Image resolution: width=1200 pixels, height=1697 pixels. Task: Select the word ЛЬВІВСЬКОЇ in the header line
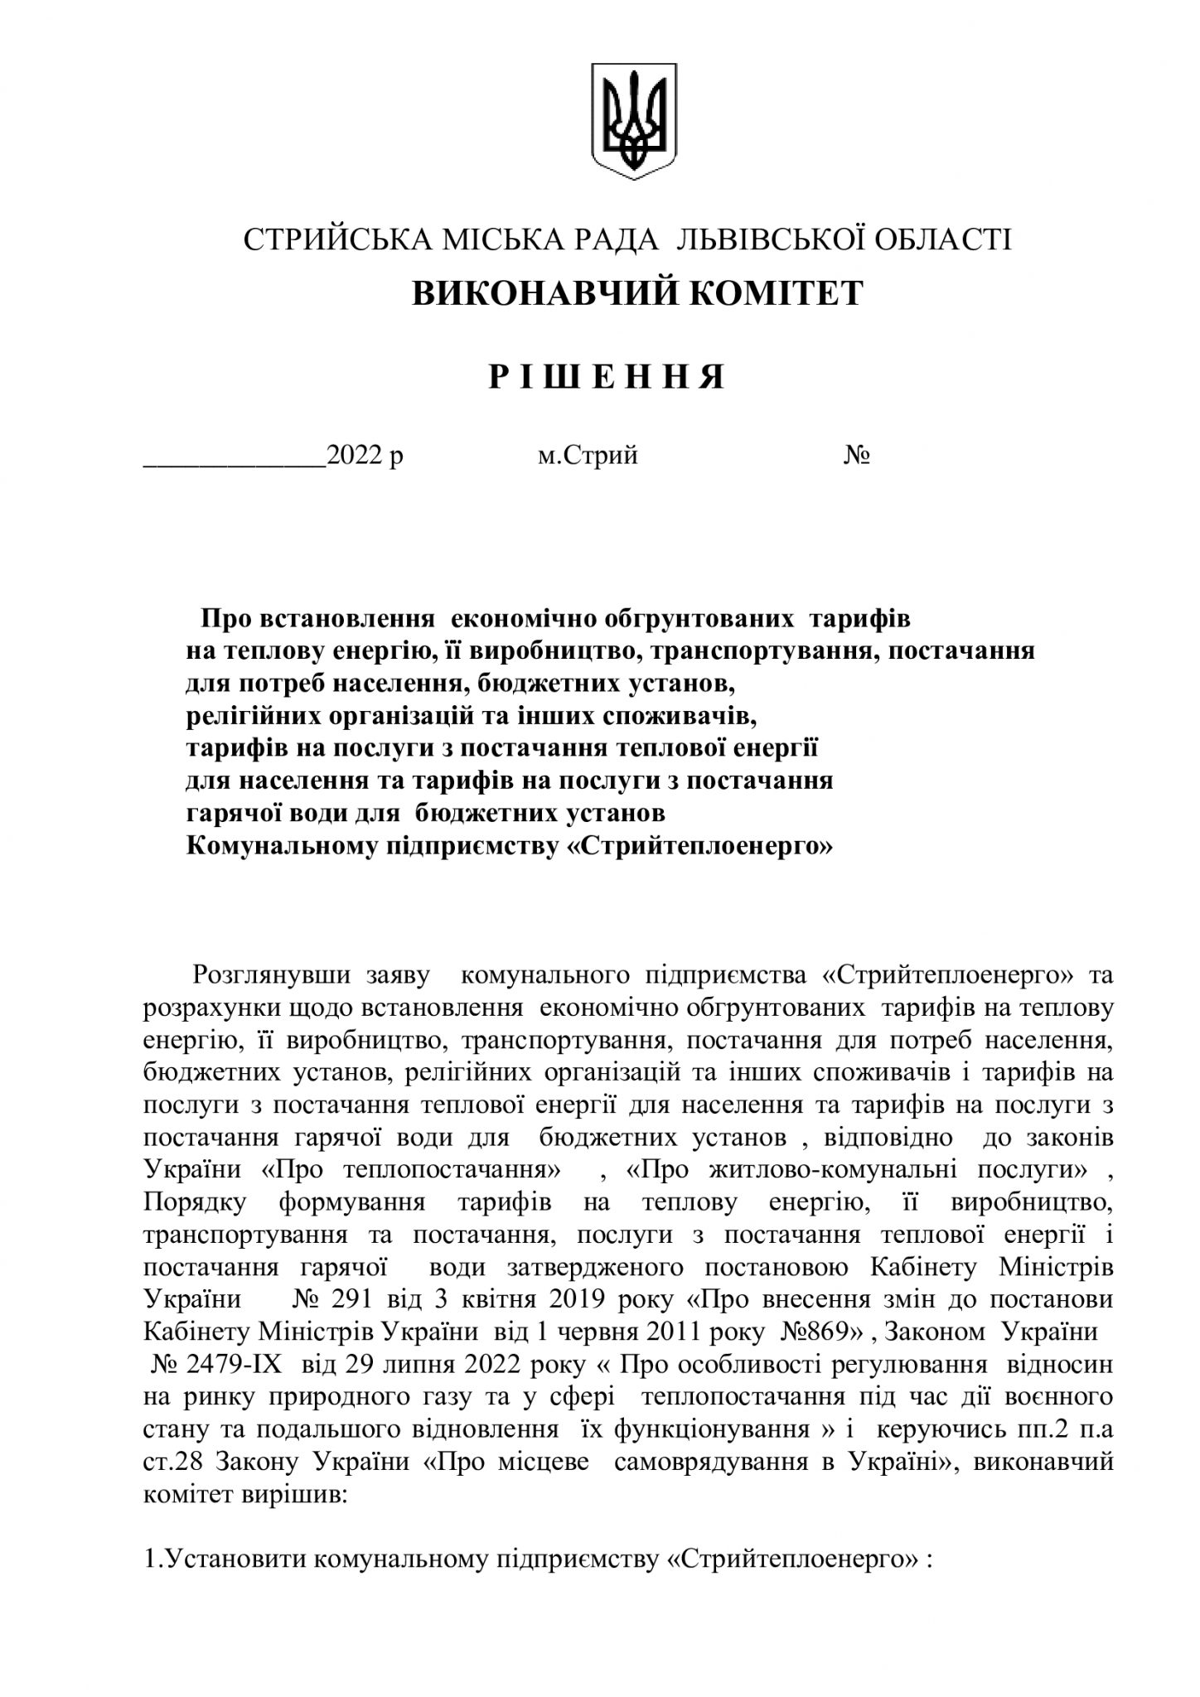[x=762, y=239]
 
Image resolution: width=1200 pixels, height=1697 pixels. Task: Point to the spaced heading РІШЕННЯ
[x=607, y=378]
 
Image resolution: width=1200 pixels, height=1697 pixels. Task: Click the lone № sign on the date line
[x=856, y=455]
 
